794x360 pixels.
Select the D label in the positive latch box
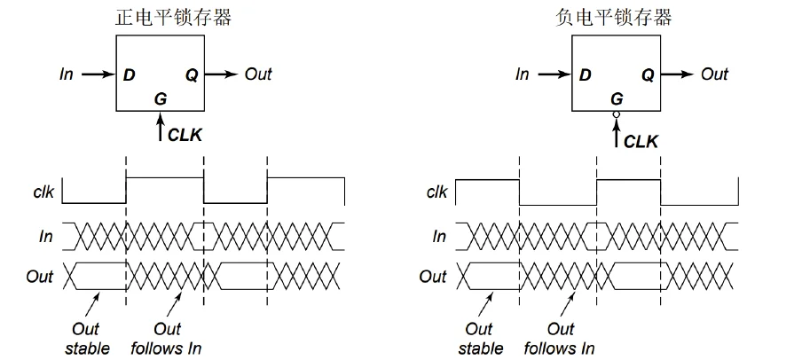click(130, 74)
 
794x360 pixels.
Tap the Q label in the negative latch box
click(648, 74)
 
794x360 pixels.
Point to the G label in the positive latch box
click(160, 98)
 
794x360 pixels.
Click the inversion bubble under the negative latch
click(615, 115)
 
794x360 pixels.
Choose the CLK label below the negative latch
click(641, 140)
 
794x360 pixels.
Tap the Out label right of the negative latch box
click(714, 74)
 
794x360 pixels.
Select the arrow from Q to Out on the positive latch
click(224, 74)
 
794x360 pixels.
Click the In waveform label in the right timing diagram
click(439, 236)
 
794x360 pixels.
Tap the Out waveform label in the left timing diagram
click(39, 276)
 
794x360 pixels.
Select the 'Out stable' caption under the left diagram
click(87, 339)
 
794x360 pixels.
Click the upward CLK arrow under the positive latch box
click(160, 129)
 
